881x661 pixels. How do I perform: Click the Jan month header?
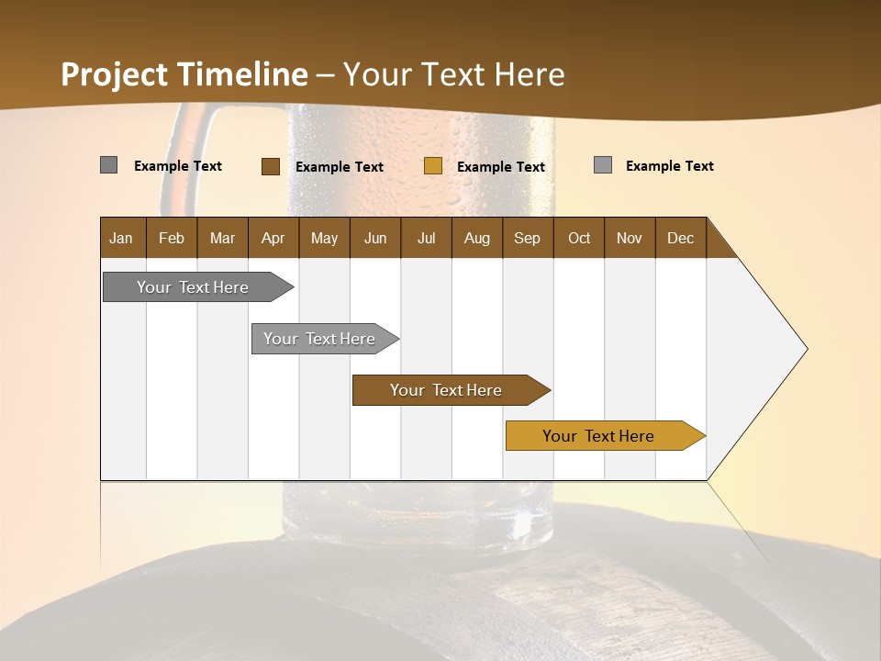(x=121, y=238)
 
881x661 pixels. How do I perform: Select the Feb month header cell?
(x=172, y=238)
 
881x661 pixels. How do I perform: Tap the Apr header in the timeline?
(x=273, y=238)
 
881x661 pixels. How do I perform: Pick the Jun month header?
(x=375, y=238)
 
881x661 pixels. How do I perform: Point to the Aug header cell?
(x=476, y=238)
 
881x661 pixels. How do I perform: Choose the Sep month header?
(x=527, y=238)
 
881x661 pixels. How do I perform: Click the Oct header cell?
(x=579, y=238)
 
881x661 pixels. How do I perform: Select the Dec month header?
(x=680, y=238)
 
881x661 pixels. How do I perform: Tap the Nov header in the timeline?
(x=630, y=238)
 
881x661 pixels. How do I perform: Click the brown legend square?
(x=270, y=166)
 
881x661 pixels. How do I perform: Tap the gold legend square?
(x=433, y=166)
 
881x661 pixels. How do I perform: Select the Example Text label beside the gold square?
(x=501, y=167)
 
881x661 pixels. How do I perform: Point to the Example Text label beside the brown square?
(x=340, y=167)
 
